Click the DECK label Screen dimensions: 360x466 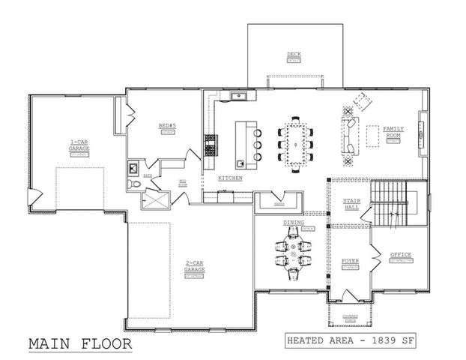293,54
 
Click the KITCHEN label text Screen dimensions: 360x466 229,178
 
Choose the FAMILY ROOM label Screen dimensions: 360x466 393,132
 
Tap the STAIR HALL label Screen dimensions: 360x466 351,203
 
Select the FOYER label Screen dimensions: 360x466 350,261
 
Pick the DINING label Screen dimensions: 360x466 293,223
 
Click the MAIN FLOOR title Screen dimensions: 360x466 80,343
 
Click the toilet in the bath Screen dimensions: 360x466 135,184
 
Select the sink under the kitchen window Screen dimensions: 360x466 241,96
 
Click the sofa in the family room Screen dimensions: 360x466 349,138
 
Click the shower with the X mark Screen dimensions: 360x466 157,198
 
